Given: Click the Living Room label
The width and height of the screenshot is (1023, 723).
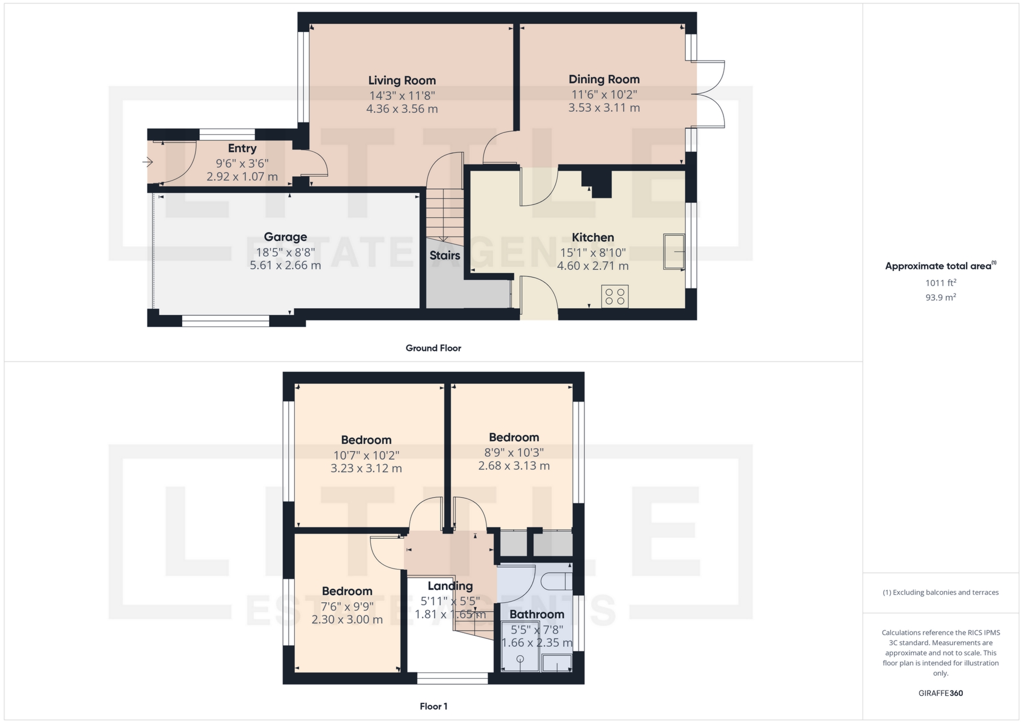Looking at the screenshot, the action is pyautogui.click(x=402, y=80).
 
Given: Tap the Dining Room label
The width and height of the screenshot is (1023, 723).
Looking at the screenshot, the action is pyautogui.click(x=604, y=79).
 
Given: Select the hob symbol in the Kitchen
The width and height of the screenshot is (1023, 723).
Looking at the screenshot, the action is pyautogui.click(x=615, y=297).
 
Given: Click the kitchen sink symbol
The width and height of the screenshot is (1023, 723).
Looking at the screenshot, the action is pyautogui.click(x=674, y=251).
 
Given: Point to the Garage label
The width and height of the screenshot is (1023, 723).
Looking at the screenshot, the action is pyautogui.click(x=286, y=237).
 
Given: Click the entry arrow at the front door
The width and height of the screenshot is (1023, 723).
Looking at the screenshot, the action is pyautogui.click(x=148, y=162).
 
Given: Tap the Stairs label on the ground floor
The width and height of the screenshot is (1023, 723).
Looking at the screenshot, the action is pyautogui.click(x=445, y=256).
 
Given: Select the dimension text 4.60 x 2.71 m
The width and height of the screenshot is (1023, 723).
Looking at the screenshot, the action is pyautogui.click(x=593, y=266).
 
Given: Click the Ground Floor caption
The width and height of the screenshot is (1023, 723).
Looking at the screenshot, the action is pyautogui.click(x=433, y=348).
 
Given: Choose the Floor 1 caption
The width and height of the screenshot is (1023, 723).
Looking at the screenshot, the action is pyautogui.click(x=433, y=706).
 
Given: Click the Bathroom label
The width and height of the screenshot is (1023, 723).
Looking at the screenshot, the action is pyautogui.click(x=537, y=614).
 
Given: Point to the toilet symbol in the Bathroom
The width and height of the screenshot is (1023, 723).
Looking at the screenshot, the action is pyautogui.click(x=559, y=581).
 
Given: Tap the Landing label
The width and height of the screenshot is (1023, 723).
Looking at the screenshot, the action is pyautogui.click(x=450, y=586).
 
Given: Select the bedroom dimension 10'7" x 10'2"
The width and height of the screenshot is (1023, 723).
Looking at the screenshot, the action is pyautogui.click(x=366, y=455).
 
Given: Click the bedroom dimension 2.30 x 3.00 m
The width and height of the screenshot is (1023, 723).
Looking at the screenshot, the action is pyautogui.click(x=347, y=620).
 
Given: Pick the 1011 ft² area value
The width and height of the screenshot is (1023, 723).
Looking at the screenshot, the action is pyautogui.click(x=940, y=283).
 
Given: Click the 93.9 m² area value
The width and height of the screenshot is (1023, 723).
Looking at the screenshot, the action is pyautogui.click(x=940, y=297).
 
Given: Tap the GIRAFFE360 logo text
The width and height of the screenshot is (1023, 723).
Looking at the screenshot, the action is pyautogui.click(x=940, y=693).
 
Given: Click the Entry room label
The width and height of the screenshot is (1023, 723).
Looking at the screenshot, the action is pyautogui.click(x=242, y=149).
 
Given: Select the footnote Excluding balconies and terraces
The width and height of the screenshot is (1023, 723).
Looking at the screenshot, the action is pyautogui.click(x=940, y=593).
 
